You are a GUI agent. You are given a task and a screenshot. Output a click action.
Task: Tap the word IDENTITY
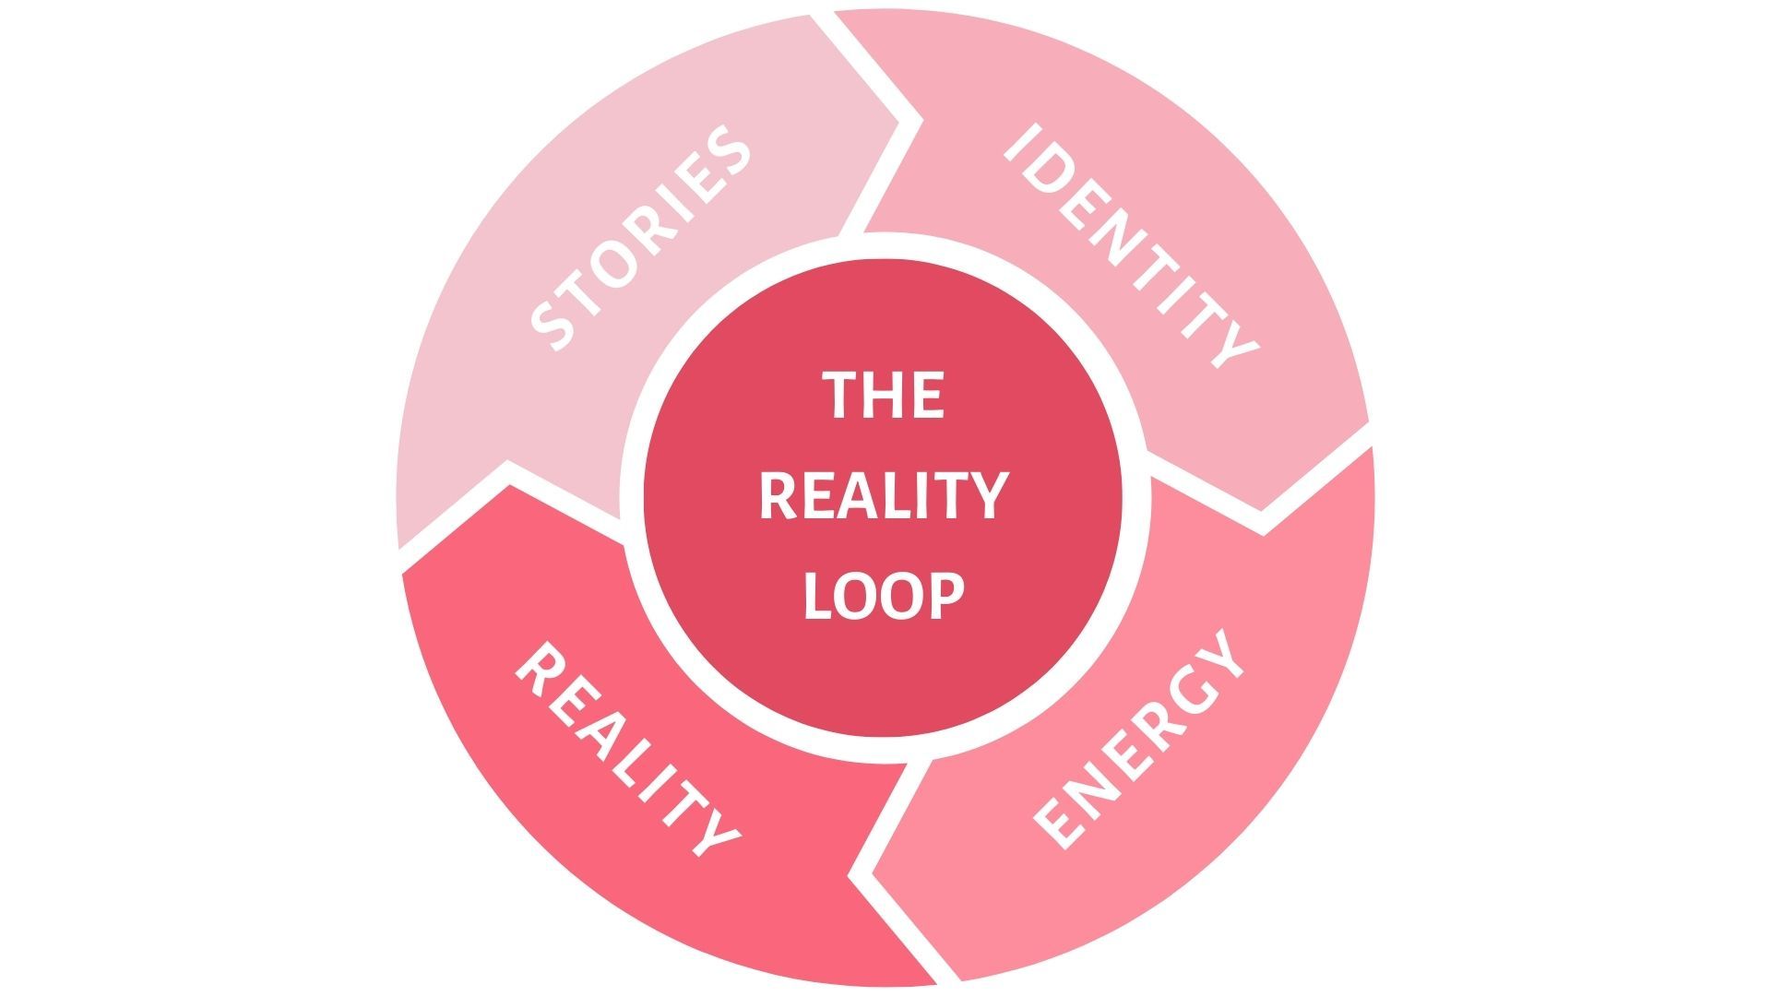[x=1131, y=245]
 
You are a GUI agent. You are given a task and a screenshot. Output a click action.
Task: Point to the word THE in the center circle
[x=884, y=394]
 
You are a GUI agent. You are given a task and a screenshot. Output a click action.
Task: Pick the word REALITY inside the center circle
[x=883, y=495]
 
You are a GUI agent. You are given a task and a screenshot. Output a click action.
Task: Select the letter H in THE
[x=884, y=394]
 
